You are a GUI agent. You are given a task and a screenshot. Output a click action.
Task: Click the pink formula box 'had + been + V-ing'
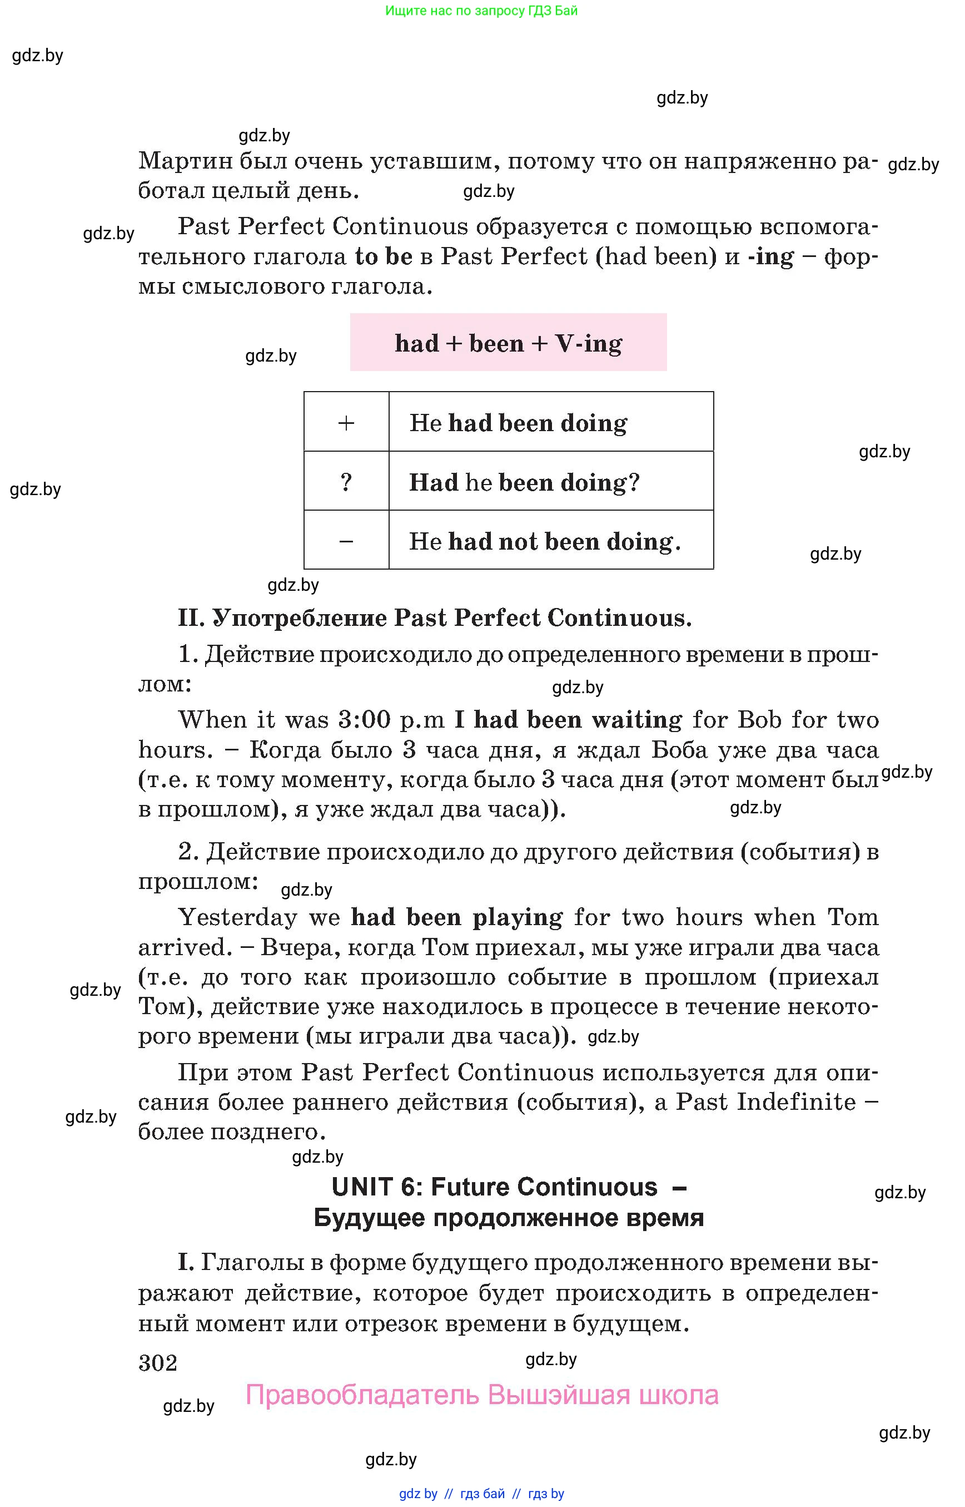(x=508, y=343)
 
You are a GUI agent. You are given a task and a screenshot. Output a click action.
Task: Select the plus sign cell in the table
(x=346, y=422)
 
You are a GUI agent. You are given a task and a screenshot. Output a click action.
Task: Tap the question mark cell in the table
(x=346, y=482)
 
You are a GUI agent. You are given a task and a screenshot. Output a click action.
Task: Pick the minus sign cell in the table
(x=346, y=541)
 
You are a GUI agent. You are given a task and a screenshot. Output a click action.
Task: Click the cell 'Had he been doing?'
(x=525, y=482)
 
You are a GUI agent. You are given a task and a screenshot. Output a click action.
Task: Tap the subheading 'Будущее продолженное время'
(x=508, y=1217)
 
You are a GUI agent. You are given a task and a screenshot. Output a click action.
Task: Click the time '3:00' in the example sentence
(x=364, y=719)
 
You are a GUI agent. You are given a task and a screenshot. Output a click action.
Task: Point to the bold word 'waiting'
(x=636, y=719)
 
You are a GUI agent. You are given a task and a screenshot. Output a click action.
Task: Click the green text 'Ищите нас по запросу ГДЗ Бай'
(x=481, y=11)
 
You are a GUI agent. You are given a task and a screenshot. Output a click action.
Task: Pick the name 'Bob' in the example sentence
(x=759, y=719)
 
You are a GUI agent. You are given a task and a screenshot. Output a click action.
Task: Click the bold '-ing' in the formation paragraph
(x=770, y=256)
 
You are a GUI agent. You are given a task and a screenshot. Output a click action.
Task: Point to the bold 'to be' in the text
(x=384, y=256)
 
